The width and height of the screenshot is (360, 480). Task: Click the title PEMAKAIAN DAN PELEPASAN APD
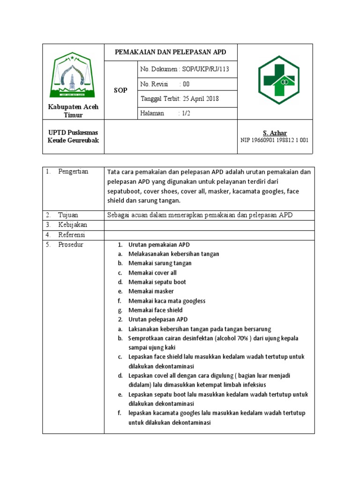(171, 52)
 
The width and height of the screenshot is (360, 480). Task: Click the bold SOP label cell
(120, 90)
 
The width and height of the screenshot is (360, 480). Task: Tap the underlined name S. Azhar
(275, 133)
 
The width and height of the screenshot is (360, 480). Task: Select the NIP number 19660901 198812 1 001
(275, 140)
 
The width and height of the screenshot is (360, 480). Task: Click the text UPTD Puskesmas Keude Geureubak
(73, 136)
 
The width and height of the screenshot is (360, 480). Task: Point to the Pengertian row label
(73, 172)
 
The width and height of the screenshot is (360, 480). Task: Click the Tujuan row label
(68, 215)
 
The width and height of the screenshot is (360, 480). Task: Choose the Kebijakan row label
(73, 225)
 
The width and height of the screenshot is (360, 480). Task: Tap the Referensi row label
(73, 235)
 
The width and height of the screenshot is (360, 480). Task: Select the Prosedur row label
(70, 245)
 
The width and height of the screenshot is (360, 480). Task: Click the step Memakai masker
(151, 291)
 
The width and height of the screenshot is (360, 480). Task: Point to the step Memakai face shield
(155, 310)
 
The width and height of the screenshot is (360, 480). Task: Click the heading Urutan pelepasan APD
(158, 319)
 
